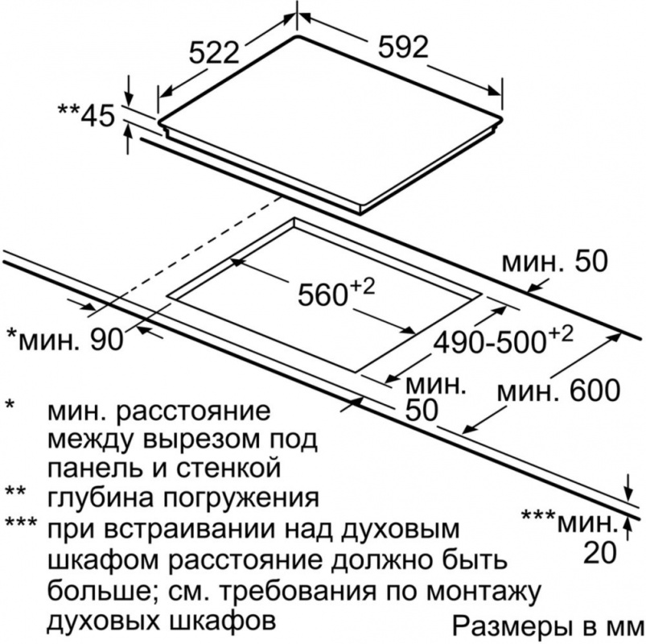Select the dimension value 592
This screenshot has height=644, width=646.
click(x=403, y=47)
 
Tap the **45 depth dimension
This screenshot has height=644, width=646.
click(x=86, y=114)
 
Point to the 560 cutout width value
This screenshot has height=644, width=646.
click(x=336, y=292)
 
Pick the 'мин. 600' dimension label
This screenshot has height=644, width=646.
click(x=558, y=391)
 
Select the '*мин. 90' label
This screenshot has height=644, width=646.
click(x=65, y=340)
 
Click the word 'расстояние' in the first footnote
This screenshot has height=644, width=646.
click(x=194, y=411)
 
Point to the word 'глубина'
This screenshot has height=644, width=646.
click(x=102, y=497)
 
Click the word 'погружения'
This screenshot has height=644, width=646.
click(x=242, y=497)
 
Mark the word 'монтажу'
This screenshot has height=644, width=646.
click(x=482, y=592)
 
